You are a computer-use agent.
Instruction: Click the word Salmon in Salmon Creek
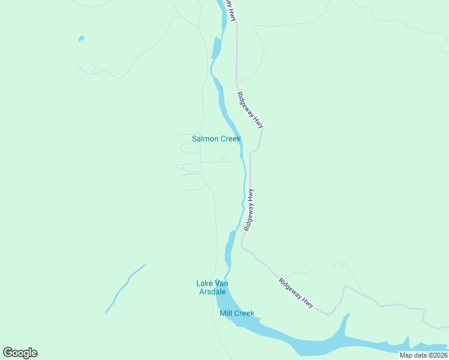coord(203,139)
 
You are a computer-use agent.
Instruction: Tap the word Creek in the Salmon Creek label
coord(229,139)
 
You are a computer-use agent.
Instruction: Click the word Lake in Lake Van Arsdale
coord(204,283)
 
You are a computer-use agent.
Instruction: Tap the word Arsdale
coord(212,292)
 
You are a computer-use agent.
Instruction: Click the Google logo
coord(20,353)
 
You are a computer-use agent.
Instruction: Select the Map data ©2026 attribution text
coord(423,355)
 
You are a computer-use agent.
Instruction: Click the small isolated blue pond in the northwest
coord(81,39)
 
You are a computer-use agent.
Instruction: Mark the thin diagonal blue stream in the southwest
coord(125,288)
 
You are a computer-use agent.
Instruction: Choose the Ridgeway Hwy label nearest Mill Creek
coord(297,293)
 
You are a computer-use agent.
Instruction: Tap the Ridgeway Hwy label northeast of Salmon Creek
coord(250,109)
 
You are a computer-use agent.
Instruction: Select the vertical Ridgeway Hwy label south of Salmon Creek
coord(250,210)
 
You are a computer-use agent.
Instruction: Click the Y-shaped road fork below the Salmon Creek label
coord(223,158)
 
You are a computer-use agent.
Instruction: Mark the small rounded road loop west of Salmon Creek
coord(189,148)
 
